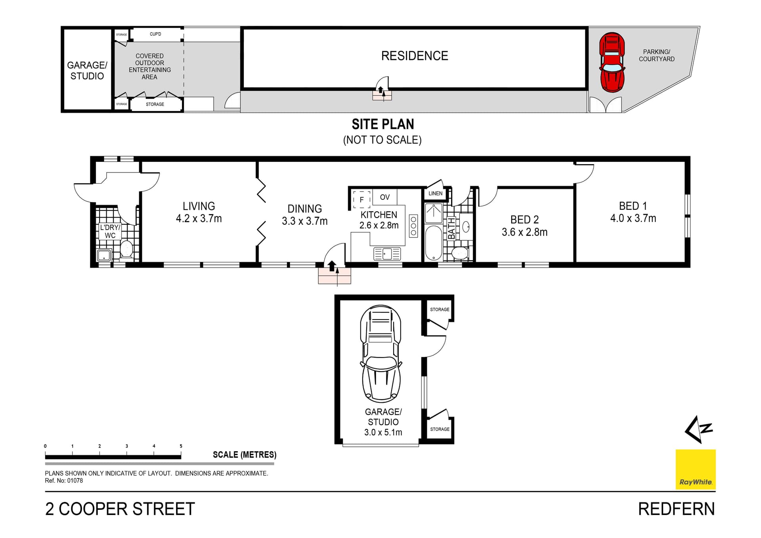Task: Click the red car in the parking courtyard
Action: click(612, 63)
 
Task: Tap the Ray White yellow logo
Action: click(695, 469)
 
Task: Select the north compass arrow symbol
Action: click(699, 429)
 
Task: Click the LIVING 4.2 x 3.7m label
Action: click(199, 212)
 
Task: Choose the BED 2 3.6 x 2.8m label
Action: click(524, 226)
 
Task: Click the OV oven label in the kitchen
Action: click(384, 197)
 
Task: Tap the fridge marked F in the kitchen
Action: click(361, 199)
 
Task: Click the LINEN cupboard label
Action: click(435, 193)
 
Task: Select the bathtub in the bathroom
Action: click(433, 243)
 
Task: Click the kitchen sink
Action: click(387, 253)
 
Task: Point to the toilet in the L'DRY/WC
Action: click(126, 249)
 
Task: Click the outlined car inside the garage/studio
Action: click(381, 353)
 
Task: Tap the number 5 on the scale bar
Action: click(181, 446)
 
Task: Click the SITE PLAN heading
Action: click(382, 124)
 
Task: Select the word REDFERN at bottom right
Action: click(676, 509)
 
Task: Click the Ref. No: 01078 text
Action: click(64, 481)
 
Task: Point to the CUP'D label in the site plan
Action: click(155, 34)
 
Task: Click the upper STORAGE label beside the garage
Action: click(440, 309)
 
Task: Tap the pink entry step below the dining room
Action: click(334, 276)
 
